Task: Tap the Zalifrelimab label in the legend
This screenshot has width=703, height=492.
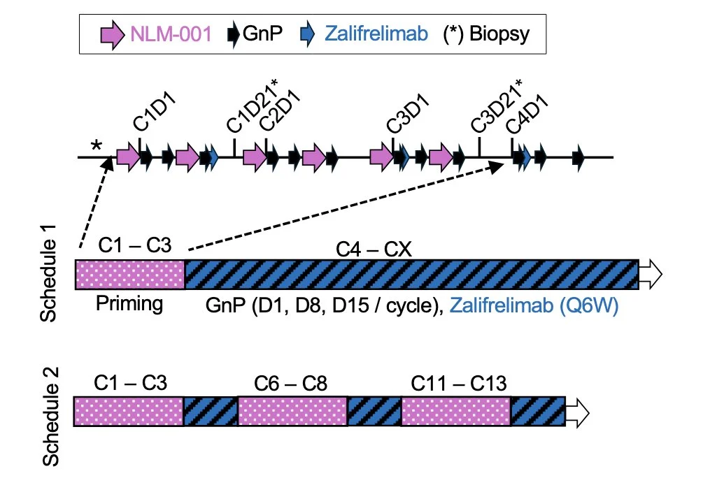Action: tap(378, 33)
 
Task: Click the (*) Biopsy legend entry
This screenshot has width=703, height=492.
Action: tap(487, 33)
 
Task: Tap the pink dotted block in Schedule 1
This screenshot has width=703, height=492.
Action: tap(129, 274)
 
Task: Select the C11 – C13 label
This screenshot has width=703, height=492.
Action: tap(458, 383)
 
